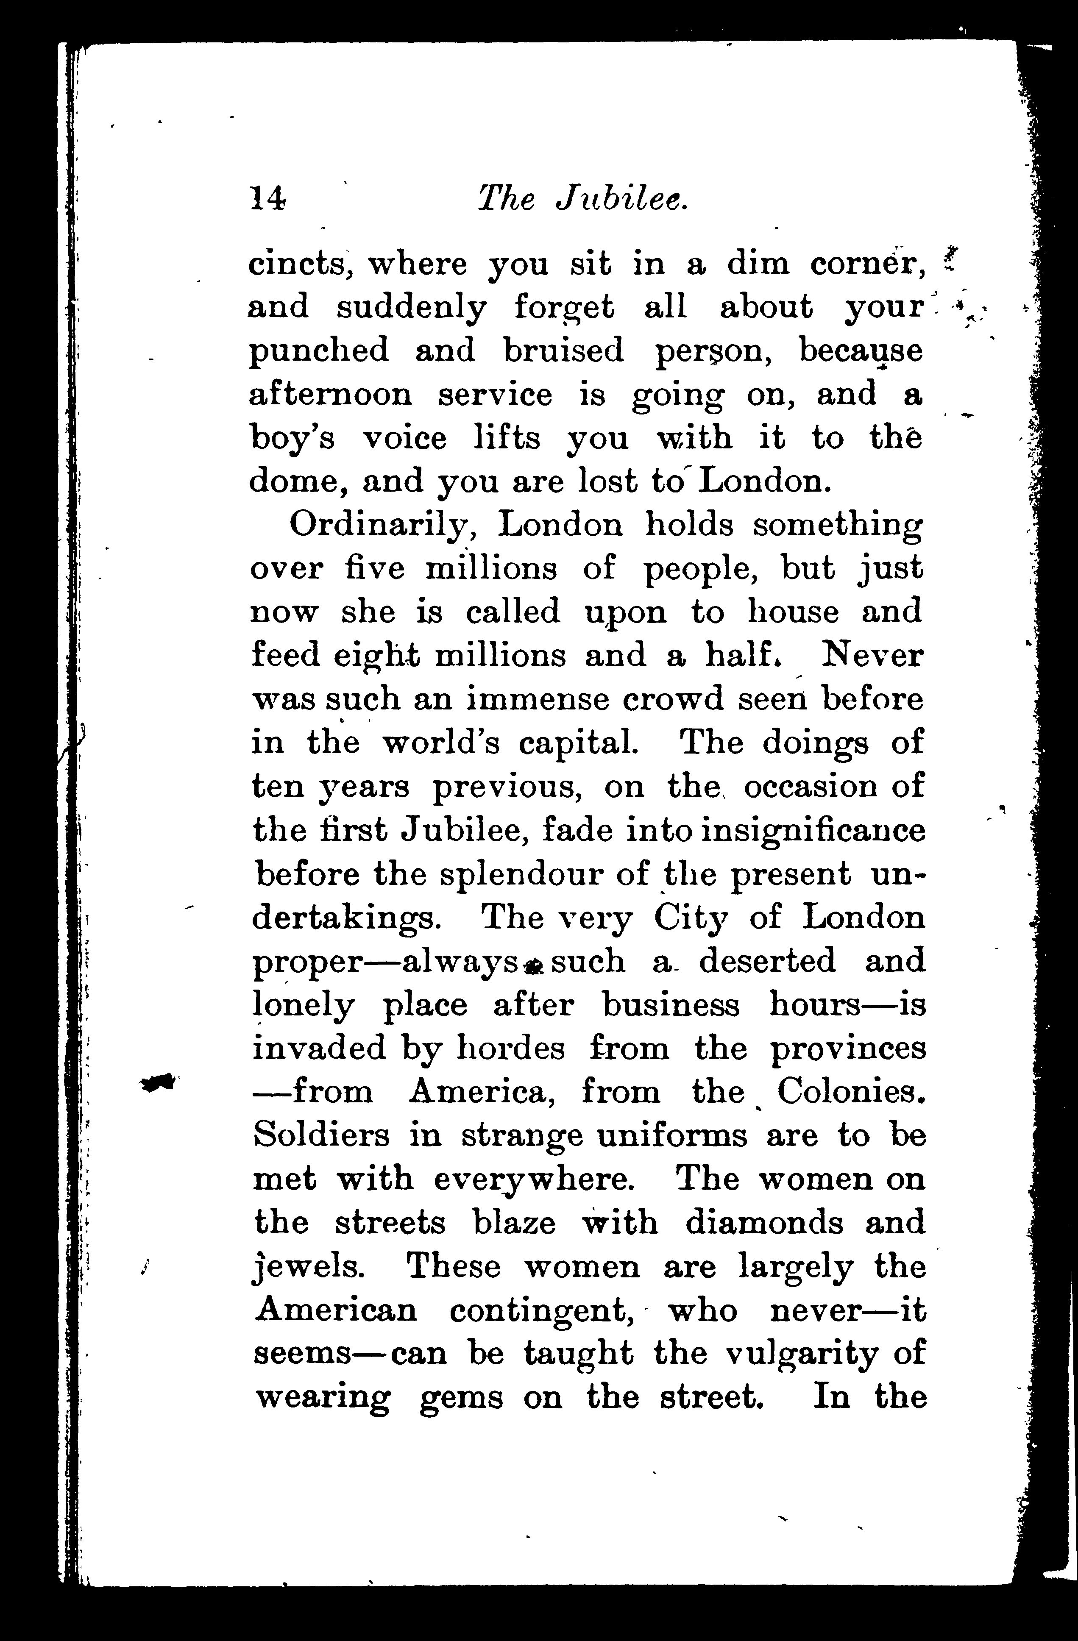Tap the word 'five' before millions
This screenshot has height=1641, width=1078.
(x=373, y=569)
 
